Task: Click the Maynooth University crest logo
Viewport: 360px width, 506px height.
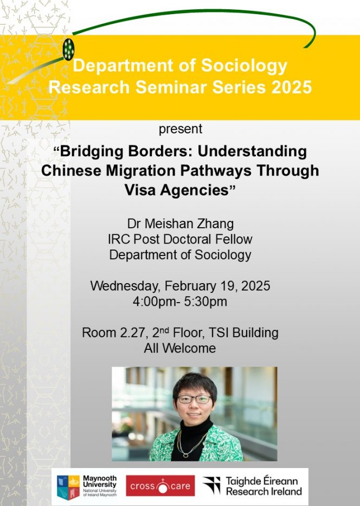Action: click(68, 487)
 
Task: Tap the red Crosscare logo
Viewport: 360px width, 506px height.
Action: click(160, 486)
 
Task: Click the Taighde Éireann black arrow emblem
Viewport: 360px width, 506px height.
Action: click(211, 485)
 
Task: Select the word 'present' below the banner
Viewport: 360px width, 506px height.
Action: click(181, 129)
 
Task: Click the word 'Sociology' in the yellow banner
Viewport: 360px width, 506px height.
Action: click(244, 66)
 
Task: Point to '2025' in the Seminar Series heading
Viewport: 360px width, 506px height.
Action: click(292, 87)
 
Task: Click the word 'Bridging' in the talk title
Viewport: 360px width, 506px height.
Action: click(91, 152)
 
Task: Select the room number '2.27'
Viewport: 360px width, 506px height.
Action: click(132, 332)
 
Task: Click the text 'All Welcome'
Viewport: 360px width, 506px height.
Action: click(179, 348)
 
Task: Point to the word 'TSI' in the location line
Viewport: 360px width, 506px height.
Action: click(218, 332)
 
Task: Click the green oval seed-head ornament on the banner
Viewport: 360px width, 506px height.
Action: click(68, 49)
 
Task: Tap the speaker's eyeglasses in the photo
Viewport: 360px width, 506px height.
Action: click(195, 399)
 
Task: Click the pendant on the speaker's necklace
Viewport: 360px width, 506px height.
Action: click(186, 456)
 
